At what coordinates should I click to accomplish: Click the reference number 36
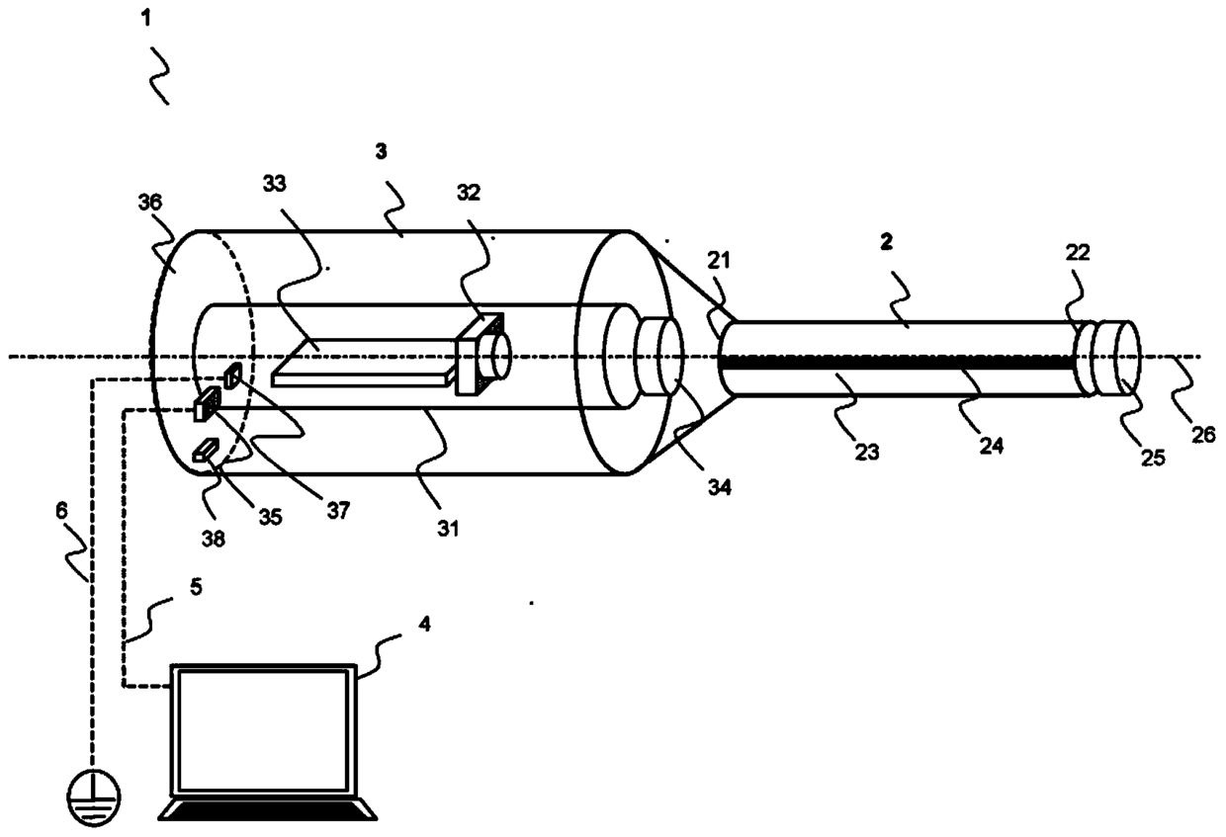(x=150, y=203)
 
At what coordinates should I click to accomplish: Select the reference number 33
(x=274, y=184)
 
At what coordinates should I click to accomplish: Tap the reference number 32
(x=469, y=193)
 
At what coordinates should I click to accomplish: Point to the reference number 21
(x=719, y=261)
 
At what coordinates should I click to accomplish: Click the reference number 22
(x=1078, y=252)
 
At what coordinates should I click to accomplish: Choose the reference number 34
(x=719, y=487)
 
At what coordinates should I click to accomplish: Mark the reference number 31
(x=448, y=529)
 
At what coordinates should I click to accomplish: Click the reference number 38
(x=213, y=540)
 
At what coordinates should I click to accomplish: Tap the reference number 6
(x=61, y=511)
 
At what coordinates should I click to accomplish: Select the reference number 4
(x=424, y=624)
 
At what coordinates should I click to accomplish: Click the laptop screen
(x=264, y=730)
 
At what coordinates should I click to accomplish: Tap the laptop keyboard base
(x=268, y=809)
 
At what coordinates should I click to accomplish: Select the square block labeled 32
(x=479, y=354)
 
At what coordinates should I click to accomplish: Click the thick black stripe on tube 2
(x=898, y=363)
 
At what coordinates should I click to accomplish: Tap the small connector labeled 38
(x=206, y=451)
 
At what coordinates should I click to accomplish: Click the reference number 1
(x=145, y=19)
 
